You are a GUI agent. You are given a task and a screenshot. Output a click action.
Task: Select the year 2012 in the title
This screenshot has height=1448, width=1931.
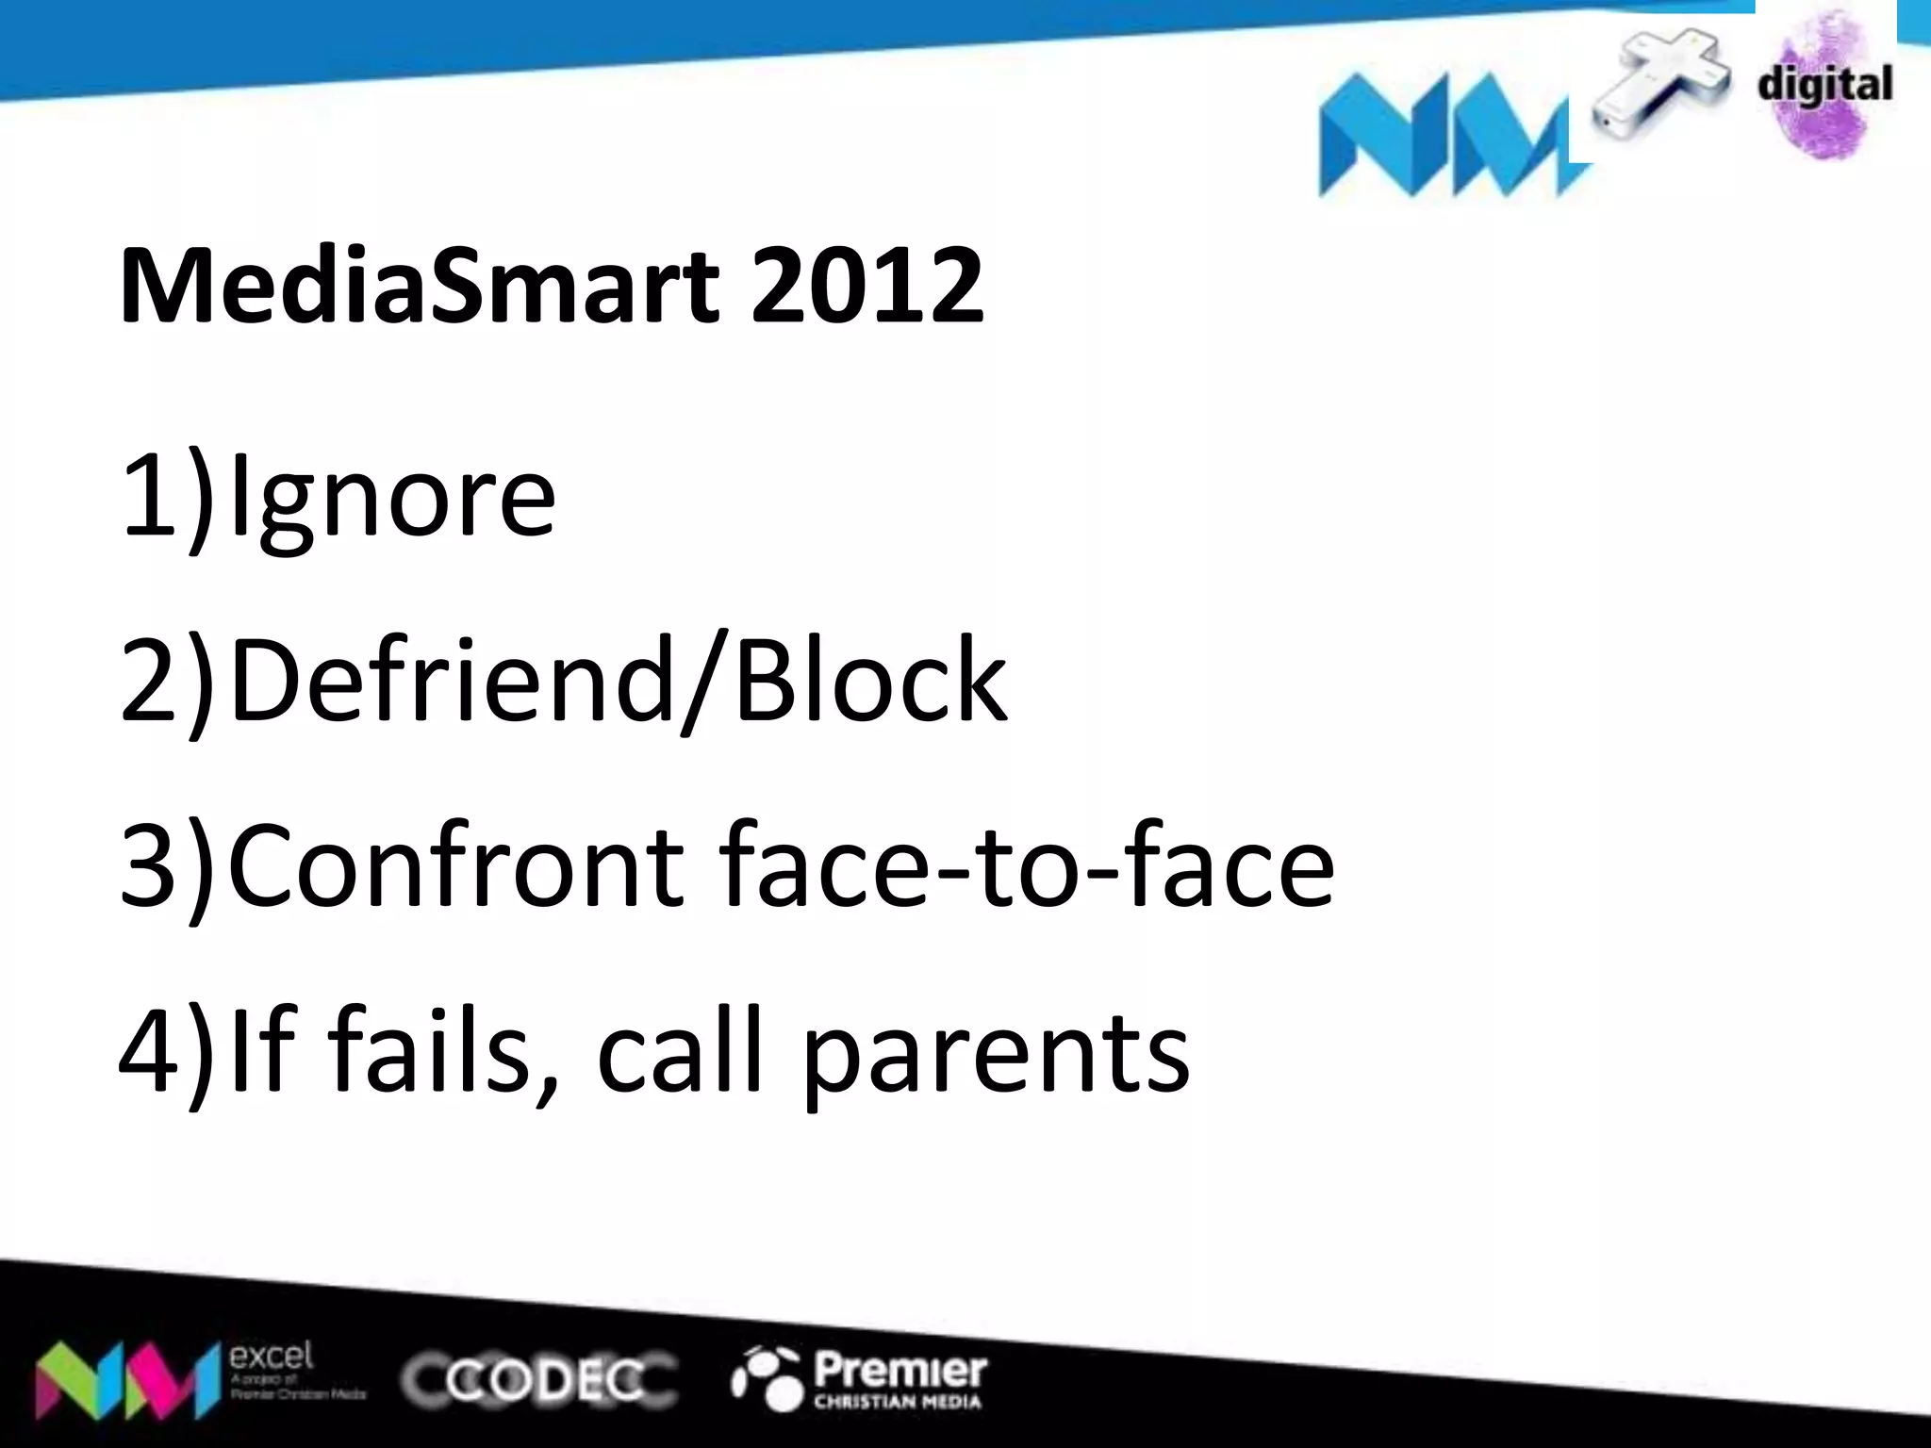point(866,285)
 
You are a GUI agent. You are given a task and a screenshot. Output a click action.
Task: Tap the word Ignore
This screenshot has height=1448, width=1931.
point(392,497)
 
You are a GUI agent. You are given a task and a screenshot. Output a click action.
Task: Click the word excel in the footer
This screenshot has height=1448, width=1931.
point(272,1357)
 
